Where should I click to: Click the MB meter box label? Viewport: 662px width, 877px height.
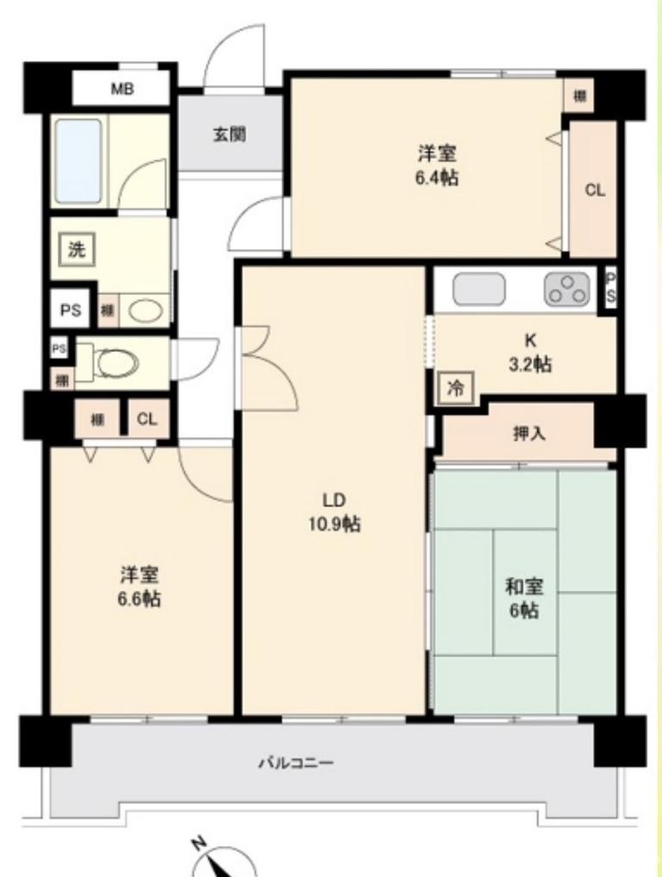point(122,89)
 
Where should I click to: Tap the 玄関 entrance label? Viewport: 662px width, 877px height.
point(229,135)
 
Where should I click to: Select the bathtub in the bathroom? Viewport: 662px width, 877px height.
point(78,161)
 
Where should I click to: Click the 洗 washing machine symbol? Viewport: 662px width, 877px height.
point(77,249)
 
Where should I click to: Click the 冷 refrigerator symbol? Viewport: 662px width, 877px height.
point(456,387)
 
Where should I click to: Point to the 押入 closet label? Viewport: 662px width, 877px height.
point(529,434)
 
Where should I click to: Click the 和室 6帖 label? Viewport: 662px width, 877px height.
point(524,598)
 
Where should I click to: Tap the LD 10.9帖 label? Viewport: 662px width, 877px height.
point(334,511)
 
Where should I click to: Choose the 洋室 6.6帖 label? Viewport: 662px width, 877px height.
point(140,586)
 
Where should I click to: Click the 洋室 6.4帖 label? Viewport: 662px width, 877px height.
point(437,165)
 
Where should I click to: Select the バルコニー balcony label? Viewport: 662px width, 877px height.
point(296,761)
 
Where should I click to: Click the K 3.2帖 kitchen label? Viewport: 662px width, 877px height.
point(529,353)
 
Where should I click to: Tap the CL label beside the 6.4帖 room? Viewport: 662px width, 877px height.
point(595,191)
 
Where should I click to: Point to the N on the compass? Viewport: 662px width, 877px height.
point(197,843)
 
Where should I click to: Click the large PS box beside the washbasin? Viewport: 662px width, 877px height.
point(71,309)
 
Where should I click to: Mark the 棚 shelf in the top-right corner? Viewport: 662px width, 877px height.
point(579,97)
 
